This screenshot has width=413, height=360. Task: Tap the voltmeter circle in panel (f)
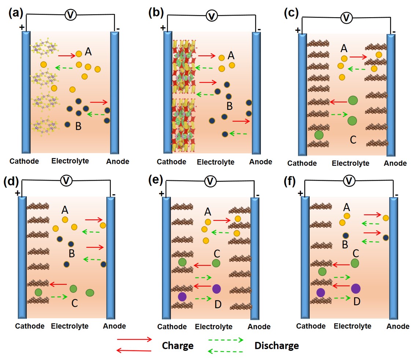(349, 181)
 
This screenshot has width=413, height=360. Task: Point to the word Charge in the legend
(178, 345)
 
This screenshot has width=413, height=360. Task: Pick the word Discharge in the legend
(277, 345)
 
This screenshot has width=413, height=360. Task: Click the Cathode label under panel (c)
(302, 163)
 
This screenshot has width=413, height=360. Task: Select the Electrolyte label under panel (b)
(215, 162)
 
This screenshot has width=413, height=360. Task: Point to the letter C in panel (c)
(353, 140)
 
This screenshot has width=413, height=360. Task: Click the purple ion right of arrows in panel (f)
(356, 288)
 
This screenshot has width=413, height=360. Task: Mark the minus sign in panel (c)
(394, 32)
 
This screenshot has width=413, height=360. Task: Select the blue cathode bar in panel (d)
(22, 257)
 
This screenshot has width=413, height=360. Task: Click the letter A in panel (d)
(65, 210)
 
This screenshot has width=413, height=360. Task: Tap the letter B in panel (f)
(345, 245)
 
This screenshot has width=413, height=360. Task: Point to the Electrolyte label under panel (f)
(353, 326)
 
